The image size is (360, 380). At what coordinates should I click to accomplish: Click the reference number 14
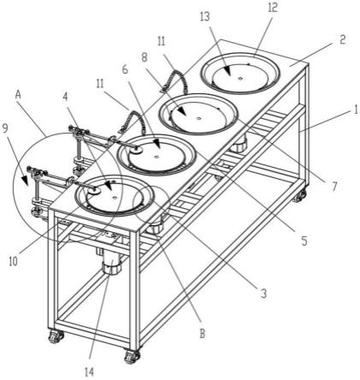tap(89, 371)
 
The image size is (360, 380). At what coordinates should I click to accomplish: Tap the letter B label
tap(202, 333)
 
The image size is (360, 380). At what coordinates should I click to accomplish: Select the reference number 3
tap(263, 293)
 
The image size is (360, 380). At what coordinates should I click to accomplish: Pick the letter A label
tap(18, 95)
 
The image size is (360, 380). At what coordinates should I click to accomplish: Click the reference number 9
tap(6, 130)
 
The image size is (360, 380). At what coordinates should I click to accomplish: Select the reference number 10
tap(13, 261)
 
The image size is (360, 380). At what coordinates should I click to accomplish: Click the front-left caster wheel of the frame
tap(55, 336)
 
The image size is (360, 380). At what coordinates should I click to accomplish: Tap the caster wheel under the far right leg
tap(299, 197)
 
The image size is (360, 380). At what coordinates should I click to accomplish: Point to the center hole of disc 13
tap(240, 78)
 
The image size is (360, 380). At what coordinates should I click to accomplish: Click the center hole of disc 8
tap(198, 118)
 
